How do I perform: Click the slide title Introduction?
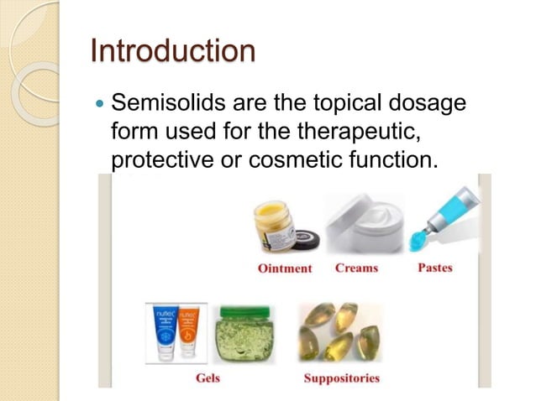pos(172,51)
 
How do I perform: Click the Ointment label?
pos(284,268)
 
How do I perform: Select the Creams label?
pos(356,268)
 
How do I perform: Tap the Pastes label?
pos(434,268)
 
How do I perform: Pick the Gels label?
pos(207,378)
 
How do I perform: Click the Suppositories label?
pos(341,378)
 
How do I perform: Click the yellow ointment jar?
pos(274,225)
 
